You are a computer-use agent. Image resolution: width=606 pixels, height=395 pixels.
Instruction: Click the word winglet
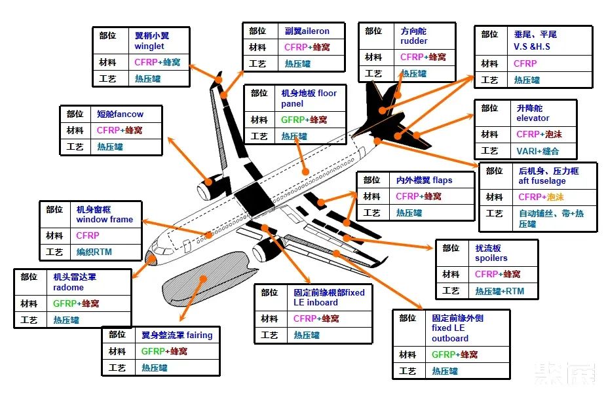tap(149, 46)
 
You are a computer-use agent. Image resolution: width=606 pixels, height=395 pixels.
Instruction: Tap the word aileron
tap(315, 31)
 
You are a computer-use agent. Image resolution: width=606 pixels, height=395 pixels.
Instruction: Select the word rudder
tap(414, 41)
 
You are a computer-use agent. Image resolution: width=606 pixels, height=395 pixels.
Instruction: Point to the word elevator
tap(533, 118)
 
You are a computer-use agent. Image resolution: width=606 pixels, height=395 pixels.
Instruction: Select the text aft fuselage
tap(542, 180)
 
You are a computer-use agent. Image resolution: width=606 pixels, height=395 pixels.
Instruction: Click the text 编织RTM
tap(94, 252)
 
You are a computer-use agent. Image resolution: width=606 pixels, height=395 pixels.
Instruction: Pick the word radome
tap(68, 287)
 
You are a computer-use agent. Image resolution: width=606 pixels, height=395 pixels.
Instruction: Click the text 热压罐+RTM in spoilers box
tap(499, 291)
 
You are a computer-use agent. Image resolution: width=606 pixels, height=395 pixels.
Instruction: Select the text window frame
tap(104, 219)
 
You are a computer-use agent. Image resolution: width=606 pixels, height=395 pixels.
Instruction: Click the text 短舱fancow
tap(120, 114)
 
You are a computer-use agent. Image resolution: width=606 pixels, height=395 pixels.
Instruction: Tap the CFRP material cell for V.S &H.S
tap(525, 63)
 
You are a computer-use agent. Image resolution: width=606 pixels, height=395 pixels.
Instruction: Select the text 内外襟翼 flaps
tap(424, 180)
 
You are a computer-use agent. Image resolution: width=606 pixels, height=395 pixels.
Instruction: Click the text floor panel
tap(309, 98)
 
